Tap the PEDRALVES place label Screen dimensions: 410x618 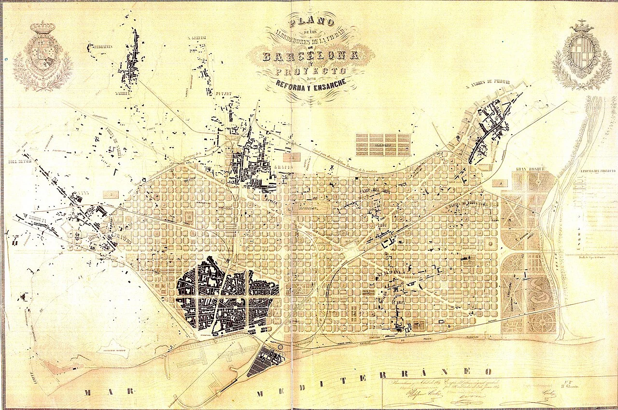tap(99, 46)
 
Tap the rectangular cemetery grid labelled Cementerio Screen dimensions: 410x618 tap(383, 145)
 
